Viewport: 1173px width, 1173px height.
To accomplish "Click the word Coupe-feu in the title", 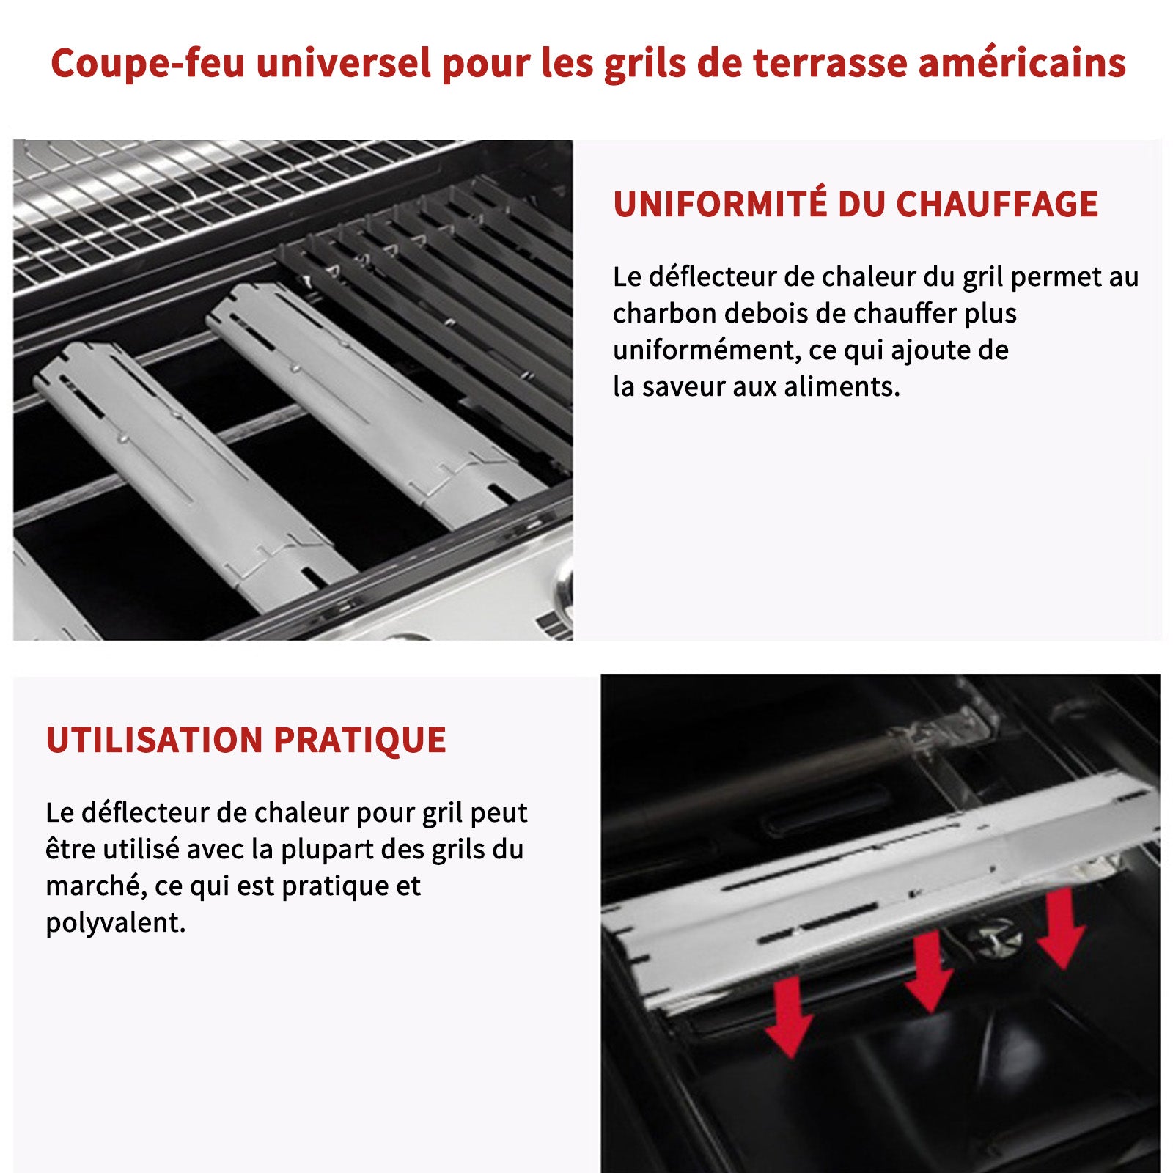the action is coord(147,63).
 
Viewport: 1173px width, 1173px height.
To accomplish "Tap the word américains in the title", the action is coord(1022,63).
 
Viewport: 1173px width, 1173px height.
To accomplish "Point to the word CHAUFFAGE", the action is coord(997,204).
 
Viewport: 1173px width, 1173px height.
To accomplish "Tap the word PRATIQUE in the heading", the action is coord(360,740).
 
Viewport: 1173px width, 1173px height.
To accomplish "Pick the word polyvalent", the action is coord(116,923).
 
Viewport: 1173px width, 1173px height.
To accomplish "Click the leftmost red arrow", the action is coord(790,1016).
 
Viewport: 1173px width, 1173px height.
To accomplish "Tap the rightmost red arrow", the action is coord(1062,928).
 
